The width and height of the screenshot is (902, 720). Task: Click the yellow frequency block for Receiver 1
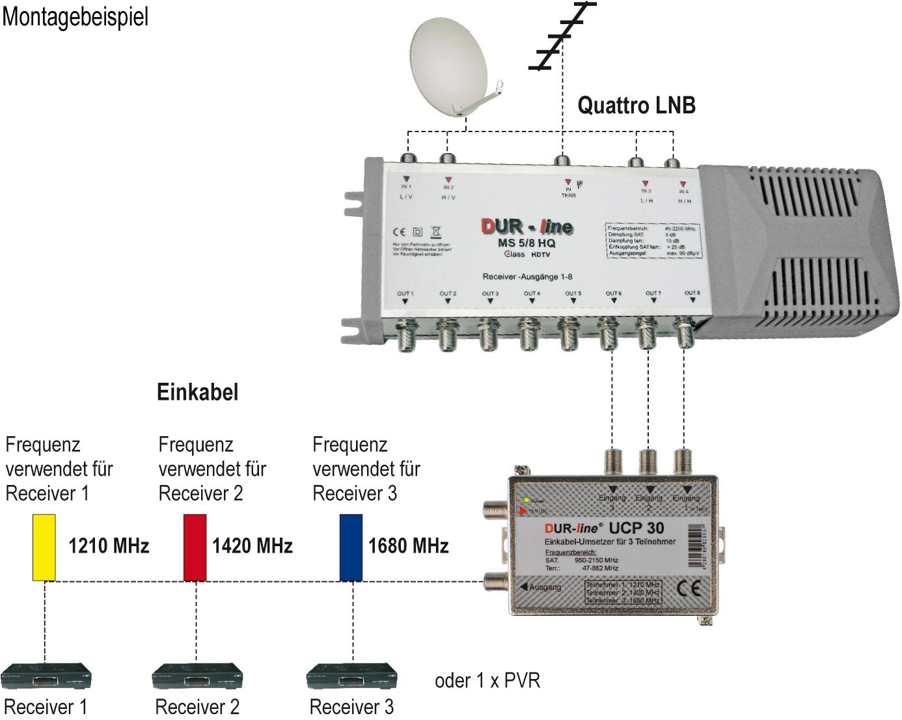pos(44,547)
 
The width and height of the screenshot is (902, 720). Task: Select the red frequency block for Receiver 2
pos(195,547)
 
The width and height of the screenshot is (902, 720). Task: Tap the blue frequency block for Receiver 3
pos(351,547)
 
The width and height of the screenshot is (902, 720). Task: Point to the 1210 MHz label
pos(109,546)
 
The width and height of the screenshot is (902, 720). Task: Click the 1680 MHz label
pos(409,546)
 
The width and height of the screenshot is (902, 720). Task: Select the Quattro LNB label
pos(636,105)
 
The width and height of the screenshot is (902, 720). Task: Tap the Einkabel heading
pos(198,392)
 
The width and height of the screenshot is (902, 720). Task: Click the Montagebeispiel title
pos(75,17)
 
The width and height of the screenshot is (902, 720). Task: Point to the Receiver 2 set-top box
pos(197,677)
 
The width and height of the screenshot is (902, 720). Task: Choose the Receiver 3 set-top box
pos(352,677)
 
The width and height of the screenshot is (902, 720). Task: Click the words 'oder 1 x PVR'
pos(487,681)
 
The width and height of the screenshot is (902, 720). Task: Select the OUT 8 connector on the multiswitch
pos(684,332)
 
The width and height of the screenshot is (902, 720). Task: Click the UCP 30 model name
pos(636,528)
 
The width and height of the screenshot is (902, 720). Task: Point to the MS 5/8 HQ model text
pos(526,243)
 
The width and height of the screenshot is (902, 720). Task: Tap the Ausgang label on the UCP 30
pos(544,587)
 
